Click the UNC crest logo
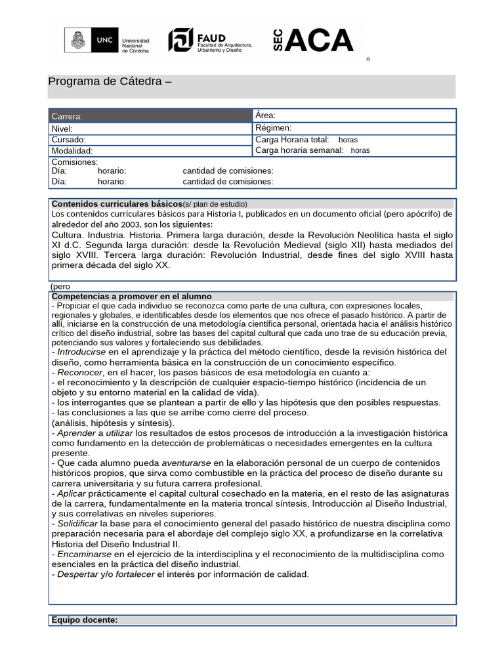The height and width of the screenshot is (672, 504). pos(78,40)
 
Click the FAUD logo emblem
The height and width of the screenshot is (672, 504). pos(180,40)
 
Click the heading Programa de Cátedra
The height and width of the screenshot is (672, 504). pos(110,81)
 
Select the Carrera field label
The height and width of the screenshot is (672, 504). pos(67,116)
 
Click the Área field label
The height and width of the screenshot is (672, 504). pos(265,115)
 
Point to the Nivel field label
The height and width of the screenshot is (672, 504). pos(62,129)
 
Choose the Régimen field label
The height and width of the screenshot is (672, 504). pos(273,128)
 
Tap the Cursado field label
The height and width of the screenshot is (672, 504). pos(68,140)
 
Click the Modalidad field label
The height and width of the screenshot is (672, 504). pos(72,151)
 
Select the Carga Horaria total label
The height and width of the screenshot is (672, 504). pos(292,140)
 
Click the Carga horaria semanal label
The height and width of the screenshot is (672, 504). pos(299,150)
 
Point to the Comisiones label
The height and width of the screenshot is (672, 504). pos(75,162)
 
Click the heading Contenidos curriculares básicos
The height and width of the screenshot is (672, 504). pos(117,203)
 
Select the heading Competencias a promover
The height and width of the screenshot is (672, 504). pos(131,297)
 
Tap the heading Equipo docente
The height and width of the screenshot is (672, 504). pos(85,620)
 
